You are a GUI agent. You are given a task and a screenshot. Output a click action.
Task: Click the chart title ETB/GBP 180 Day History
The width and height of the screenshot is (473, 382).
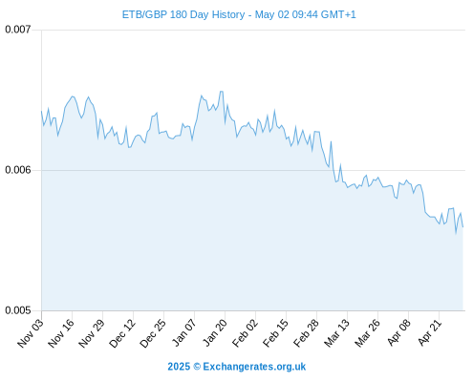183,14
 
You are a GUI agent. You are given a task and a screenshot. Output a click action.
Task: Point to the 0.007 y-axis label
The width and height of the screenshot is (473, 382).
18,30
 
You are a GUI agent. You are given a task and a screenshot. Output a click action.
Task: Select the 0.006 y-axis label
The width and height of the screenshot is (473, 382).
18,170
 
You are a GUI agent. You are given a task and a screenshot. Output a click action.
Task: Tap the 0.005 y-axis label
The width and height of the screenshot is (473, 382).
18,310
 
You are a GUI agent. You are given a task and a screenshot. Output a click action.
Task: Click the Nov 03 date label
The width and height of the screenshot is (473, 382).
31,333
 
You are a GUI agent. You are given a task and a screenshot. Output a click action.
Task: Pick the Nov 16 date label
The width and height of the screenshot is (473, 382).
61,333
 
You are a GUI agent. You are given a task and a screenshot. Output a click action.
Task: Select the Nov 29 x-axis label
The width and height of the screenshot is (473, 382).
92,333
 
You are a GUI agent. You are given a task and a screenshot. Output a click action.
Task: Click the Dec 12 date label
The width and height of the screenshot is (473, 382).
122,333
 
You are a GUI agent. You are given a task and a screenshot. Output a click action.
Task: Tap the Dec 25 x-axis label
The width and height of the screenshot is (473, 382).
153,333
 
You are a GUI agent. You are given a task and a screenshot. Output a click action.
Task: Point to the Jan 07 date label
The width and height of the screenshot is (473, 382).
184,332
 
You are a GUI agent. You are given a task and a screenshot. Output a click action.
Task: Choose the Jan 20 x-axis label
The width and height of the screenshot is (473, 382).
215,332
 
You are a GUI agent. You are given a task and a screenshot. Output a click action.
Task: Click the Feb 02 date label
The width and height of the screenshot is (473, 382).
245,333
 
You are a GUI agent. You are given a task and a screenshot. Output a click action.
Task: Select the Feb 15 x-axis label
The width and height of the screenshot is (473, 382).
275,333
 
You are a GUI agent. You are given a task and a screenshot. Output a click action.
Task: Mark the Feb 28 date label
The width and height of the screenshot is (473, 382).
306,333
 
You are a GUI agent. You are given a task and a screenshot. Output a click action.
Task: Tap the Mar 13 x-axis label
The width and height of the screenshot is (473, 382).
336,333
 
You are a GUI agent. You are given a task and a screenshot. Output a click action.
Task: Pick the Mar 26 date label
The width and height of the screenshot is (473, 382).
367,333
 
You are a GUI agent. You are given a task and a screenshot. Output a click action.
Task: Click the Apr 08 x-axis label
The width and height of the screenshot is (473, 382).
398,332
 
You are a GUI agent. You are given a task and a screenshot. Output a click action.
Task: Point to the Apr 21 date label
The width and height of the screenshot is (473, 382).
429,332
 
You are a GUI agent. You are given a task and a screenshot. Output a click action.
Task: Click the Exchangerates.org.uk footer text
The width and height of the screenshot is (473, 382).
254,367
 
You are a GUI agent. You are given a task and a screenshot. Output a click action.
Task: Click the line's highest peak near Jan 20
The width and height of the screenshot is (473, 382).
222,92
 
